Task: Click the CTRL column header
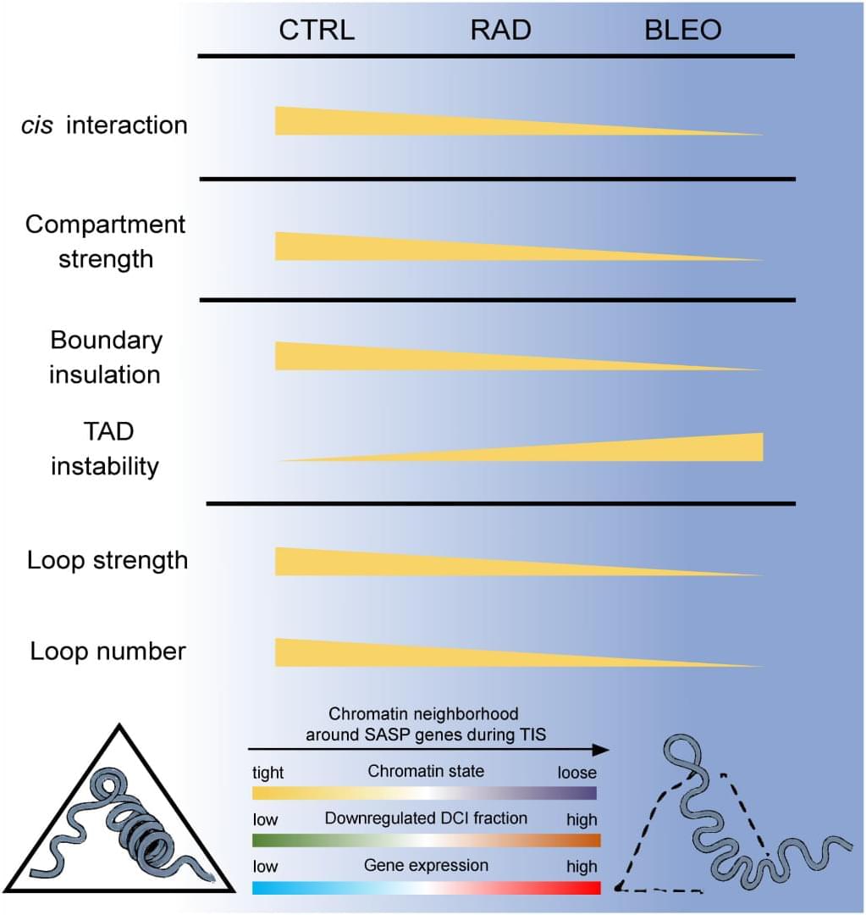[317, 31]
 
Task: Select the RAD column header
[500, 31]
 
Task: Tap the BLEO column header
[682, 31]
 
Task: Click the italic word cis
[41, 125]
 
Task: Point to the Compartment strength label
[106, 241]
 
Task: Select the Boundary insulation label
[106, 357]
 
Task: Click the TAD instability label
[105, 449]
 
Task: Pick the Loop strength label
[108, 561]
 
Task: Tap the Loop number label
[108, 652]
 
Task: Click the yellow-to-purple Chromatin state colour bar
[424, 793]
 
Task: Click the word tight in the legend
[268, 773]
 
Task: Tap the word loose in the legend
[576, 773]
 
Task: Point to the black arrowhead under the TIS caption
[600, 750]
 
